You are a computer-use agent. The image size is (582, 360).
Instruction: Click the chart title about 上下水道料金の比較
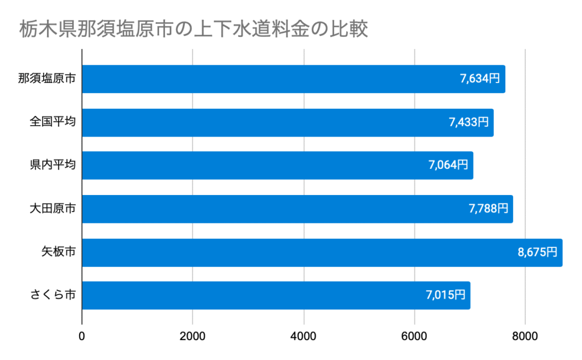tap(193, 29)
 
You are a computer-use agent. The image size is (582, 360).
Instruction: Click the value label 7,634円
tap(480, 79)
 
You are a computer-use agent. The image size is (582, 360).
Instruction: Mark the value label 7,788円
tap(488, 209)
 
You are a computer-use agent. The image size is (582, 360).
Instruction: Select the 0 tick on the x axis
tap(82, 336)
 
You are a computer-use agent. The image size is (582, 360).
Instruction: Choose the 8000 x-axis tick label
tap(525, 336)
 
